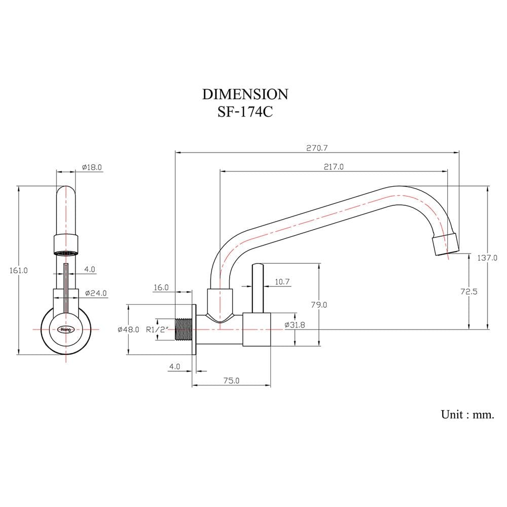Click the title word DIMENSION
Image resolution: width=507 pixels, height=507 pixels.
245,94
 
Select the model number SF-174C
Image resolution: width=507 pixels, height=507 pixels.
245,113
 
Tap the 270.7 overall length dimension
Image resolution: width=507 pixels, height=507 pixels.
317,148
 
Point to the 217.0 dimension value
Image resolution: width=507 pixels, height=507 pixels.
334,167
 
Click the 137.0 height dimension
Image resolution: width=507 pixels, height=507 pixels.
487,258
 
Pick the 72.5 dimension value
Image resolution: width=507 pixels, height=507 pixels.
469,292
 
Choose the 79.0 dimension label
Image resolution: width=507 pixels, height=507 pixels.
319,305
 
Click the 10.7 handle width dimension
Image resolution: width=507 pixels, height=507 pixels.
282,282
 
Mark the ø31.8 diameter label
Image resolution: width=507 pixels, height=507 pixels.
295,325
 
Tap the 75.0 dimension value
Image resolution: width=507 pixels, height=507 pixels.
232,381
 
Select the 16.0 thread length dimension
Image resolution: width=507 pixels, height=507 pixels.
161,287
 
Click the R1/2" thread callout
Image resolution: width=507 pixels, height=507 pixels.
158,330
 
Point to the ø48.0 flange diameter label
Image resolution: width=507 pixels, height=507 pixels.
128,330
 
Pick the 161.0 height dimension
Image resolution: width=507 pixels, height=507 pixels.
18,270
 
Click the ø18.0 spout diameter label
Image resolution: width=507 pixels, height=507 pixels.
92,167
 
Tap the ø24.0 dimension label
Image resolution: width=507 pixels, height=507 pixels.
96,293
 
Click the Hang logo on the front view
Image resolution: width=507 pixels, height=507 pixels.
66,330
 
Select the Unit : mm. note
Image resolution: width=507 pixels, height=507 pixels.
467,415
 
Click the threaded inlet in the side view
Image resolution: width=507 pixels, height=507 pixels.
184,330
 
